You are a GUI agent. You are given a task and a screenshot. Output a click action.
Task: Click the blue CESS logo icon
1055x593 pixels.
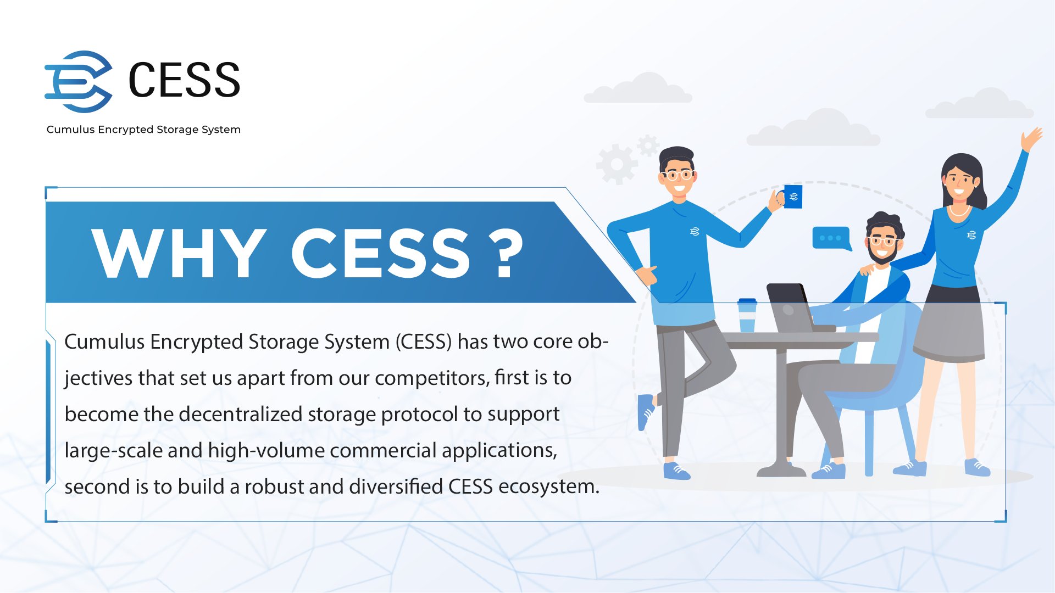[x=78, y=81]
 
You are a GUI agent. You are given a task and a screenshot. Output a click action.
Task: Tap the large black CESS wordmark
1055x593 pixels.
[x=184, y=80]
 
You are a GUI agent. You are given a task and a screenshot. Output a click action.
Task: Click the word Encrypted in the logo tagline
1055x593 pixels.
[x=126, y=130]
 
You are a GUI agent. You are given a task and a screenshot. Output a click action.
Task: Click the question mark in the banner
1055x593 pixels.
[x=506, y=253]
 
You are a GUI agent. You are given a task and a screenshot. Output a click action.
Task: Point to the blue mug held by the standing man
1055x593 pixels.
[x=792, y=197]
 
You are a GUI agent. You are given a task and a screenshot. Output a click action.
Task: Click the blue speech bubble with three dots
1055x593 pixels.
[x=831, y=238]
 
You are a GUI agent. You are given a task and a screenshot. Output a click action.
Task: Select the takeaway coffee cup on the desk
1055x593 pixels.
[x=747, y=316]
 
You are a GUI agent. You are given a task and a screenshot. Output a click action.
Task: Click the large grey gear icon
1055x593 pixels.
[x=617, y=164]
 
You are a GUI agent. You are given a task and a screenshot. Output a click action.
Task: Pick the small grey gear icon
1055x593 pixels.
[x=648, y=146]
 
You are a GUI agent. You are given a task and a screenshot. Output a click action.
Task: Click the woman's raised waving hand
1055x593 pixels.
[x=1031, y=138]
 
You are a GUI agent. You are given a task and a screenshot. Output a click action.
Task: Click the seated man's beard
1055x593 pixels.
[x=882, y=256]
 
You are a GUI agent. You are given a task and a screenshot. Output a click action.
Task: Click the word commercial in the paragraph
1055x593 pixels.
[x=383, y=451]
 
